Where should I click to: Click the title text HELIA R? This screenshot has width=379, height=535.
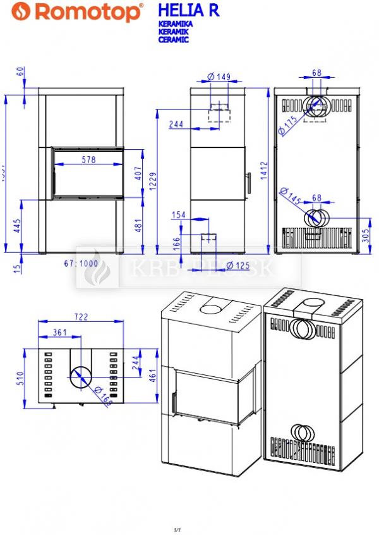188,11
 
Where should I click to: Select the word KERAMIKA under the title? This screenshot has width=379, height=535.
175,24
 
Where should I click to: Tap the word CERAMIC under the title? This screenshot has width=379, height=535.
173,39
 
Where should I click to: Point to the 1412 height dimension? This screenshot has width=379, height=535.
263,170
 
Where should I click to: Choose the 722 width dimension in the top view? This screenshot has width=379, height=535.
80,317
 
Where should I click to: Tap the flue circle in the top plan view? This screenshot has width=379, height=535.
80,377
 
